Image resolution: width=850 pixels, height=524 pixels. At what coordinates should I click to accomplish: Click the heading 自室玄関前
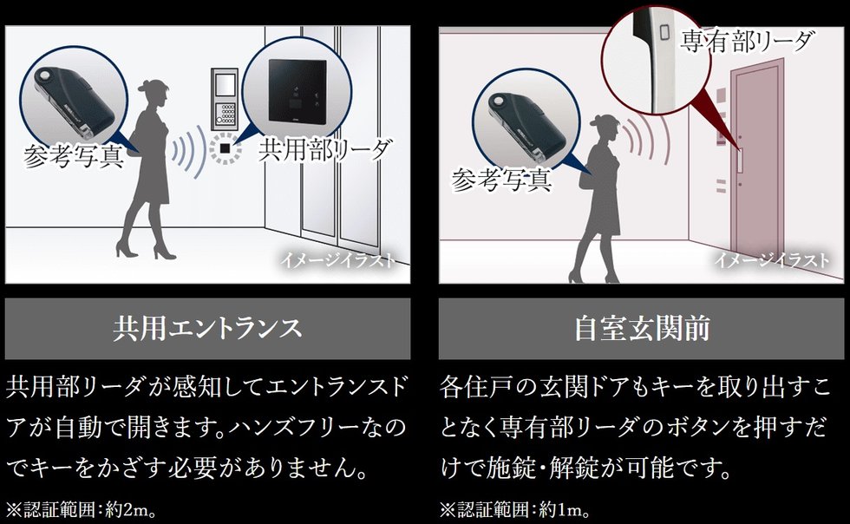click(642, 329)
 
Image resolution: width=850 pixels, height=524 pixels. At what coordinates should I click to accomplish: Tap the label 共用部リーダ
click(325, 149)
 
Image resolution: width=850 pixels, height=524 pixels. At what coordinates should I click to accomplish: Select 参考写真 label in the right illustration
click(501, 180)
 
